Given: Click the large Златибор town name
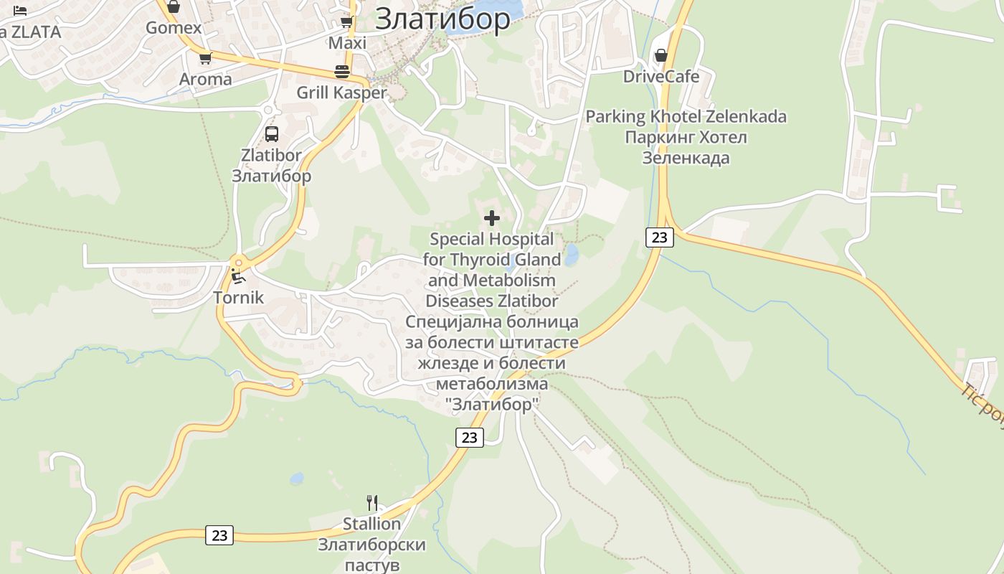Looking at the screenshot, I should [x=442, y=19].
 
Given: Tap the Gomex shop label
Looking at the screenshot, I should [x=174, y=28].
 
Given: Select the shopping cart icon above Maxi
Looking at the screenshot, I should [x=347, y=22].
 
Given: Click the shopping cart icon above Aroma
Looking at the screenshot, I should [x=206, y=59].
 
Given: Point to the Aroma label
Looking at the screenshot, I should [x=206, y=79].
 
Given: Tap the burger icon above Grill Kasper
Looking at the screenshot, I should [x=342, y=72].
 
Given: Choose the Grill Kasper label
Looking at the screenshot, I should [x=341, y=93].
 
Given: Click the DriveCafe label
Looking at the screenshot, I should [x=660, y=76].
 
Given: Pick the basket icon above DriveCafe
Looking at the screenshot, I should [x=660, y=55].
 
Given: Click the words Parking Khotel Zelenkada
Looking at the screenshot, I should [x=686, y=116].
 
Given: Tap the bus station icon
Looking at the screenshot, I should [x=272, y=133].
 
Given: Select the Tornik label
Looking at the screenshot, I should [x=239, y=298].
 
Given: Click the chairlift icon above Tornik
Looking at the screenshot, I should [x=238, y=277].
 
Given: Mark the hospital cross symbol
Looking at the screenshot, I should [x=492, y=218].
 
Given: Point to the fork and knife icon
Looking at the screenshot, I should [x=371, y=503].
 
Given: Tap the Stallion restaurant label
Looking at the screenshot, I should [x=371, y=524].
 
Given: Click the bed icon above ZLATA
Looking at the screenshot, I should [x=19, y=10].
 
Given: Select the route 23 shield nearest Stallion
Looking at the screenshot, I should [x=219, y=535].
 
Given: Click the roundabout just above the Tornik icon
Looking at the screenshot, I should [x=238, y=261].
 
